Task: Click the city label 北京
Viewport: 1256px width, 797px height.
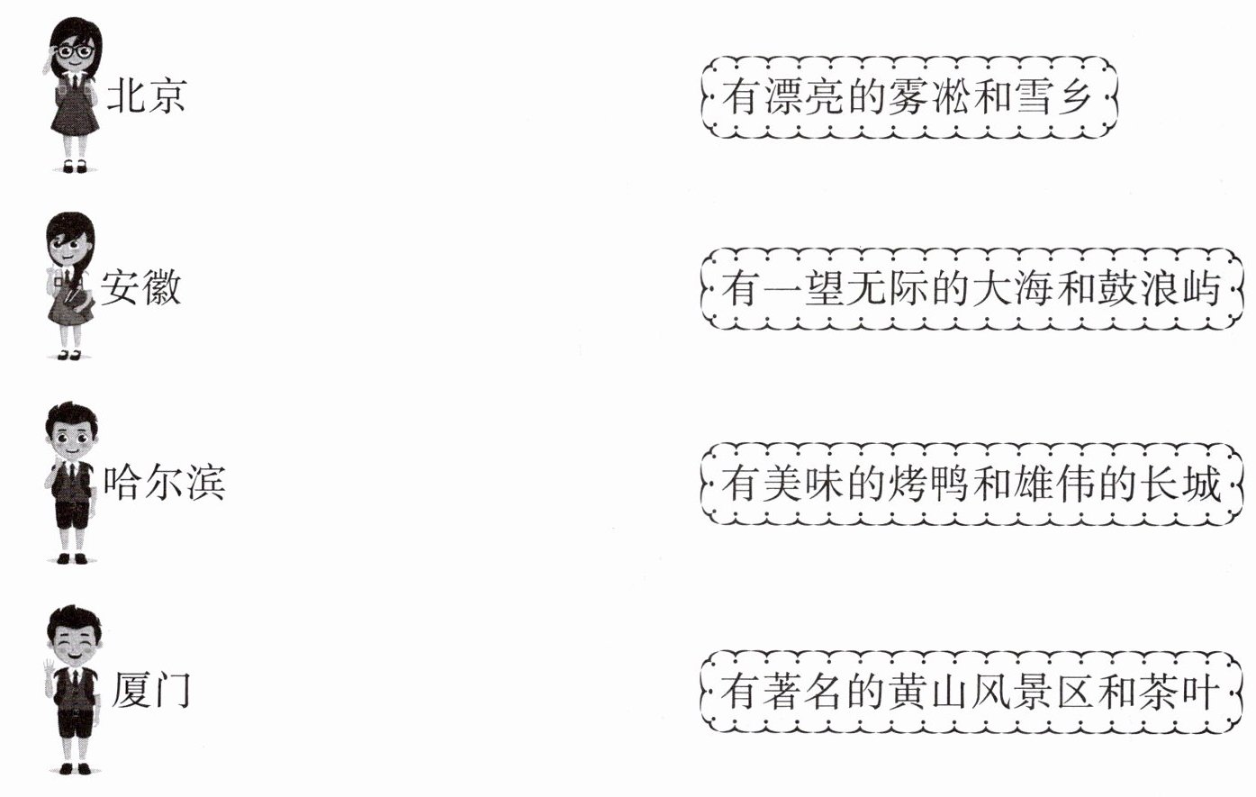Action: pos(146,95)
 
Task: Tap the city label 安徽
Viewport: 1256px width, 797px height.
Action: pos(140,288)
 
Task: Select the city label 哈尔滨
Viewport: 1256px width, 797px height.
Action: pos(163,483)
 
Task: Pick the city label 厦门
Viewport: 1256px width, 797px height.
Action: pos(151,689)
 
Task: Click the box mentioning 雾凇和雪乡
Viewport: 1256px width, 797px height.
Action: pos(908,97)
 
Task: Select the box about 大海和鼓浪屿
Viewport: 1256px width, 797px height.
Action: pos(971,289)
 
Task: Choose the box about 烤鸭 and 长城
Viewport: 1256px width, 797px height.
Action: pos(971,484)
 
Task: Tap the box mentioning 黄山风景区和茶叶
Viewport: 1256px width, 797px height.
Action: pos(971,692)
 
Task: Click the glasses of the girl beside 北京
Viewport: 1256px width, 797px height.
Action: pos(75,52)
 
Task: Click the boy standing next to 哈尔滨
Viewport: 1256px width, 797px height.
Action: pos(72,483)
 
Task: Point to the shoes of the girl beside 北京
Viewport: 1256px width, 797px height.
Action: pos(75,166)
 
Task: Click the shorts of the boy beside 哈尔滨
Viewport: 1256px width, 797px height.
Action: pos(72,516)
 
